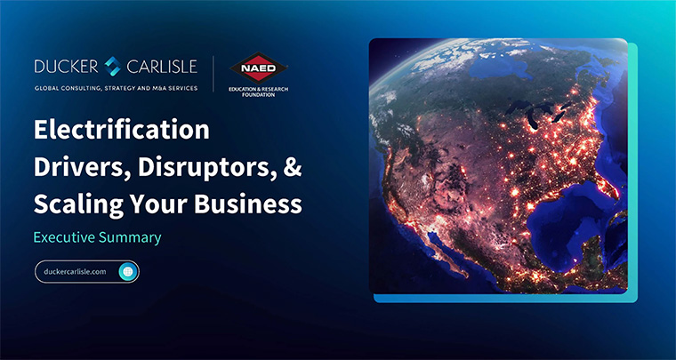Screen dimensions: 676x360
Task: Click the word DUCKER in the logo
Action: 67,67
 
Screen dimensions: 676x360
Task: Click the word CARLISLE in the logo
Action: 162,67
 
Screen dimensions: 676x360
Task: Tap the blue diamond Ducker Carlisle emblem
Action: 113,67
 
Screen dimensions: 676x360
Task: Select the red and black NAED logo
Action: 259,68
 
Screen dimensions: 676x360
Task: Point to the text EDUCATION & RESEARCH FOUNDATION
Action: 259,92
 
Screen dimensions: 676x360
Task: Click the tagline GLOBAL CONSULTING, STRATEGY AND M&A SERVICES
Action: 116,88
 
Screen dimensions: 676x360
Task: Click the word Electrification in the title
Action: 122,130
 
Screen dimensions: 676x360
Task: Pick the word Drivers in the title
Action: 82,168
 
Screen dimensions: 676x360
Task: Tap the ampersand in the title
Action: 293,167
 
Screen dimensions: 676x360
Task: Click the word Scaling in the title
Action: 79,205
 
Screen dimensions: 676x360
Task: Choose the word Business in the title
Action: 248,204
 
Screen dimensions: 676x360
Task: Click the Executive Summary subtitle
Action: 98,237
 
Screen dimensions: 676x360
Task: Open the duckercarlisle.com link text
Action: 75,272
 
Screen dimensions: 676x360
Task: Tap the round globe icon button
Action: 128,272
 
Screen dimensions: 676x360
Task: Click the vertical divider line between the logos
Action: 213,73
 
